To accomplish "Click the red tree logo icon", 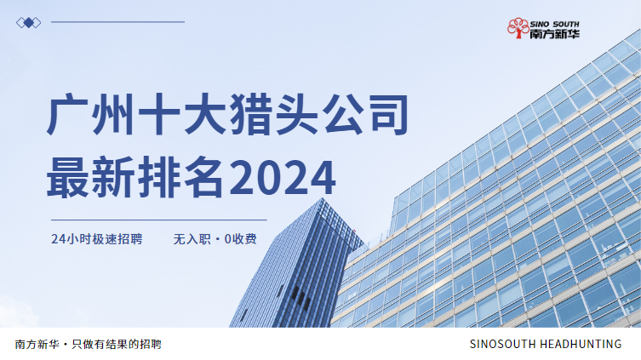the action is point(518,28).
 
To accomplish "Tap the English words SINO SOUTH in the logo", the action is point(555,24).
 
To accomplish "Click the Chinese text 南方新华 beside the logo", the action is point(555,34).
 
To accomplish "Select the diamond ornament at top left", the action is point(29,23).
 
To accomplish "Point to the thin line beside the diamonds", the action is point(117,22).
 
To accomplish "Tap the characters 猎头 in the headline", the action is point(274,114).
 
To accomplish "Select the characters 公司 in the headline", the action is point(365,114).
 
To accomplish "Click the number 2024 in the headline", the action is point(283,178).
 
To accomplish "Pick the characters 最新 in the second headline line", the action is point(91,177).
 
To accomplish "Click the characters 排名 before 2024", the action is point(181,177).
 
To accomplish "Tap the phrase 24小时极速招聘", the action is point(97,239).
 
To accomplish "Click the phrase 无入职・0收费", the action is point(215,239).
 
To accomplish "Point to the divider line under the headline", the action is point(159,220).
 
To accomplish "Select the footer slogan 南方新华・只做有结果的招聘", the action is point(89,345).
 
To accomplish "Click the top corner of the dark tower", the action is point(323,198).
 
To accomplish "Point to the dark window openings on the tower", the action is point(300,297).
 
